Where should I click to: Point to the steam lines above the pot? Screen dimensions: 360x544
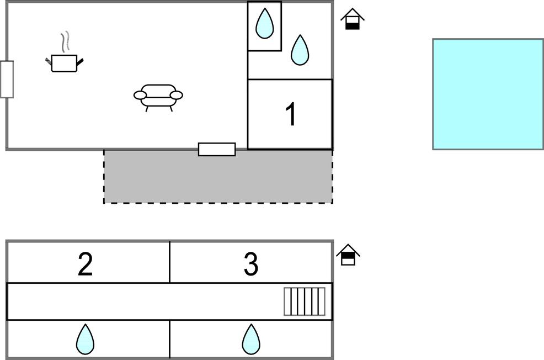point(66,41)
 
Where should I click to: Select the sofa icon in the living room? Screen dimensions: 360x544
point(158,96)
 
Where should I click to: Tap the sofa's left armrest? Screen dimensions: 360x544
point(140,96)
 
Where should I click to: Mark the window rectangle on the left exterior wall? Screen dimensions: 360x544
point(7,79)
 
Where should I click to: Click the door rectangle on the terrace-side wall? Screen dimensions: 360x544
point(217,149)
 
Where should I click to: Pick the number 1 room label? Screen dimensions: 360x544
point(291,115)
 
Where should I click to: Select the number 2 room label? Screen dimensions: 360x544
point(85,264)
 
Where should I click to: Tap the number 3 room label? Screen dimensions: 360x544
point(251,264)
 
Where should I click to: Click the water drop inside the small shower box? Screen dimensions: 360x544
point(265,23)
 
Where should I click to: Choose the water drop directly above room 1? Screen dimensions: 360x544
point(300,50)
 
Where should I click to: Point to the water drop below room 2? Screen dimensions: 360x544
point(85,339)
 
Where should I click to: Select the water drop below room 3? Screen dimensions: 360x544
point(251,339)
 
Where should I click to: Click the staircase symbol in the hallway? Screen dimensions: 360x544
point(305,301)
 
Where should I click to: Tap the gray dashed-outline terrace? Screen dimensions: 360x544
point(218,177)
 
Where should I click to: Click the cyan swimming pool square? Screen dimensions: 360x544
point(488,94)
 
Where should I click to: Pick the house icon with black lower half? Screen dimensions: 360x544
point(353,20)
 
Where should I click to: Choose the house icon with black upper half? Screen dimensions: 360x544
point(348,255)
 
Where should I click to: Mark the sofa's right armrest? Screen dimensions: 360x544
point(176,96)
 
